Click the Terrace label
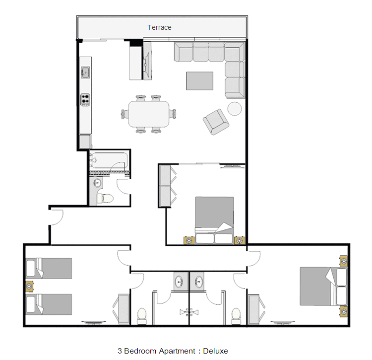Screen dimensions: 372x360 click(159, 27)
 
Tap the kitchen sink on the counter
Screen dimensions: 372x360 click(85, 72)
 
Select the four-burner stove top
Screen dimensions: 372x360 click(85, 100)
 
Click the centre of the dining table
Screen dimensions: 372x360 click(149, 114)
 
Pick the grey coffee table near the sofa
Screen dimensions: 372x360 click(199, 81)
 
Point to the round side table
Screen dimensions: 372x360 click(235, 109)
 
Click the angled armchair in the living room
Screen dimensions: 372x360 click(216, 122)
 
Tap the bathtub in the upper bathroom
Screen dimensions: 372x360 click(110, 161)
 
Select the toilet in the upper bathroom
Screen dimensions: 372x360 click(105, 199)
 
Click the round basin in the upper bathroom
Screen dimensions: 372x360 click(97, 183)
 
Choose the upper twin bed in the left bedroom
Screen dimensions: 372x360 click(49, 268)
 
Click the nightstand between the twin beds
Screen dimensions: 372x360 click(29, 287)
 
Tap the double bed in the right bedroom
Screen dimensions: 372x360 click(323, 287)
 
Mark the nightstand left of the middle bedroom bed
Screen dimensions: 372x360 click(189, 240)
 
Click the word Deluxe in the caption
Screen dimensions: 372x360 click(215, 351)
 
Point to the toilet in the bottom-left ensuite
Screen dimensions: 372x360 click(142, 316)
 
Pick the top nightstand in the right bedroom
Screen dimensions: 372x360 click(344, 261)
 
